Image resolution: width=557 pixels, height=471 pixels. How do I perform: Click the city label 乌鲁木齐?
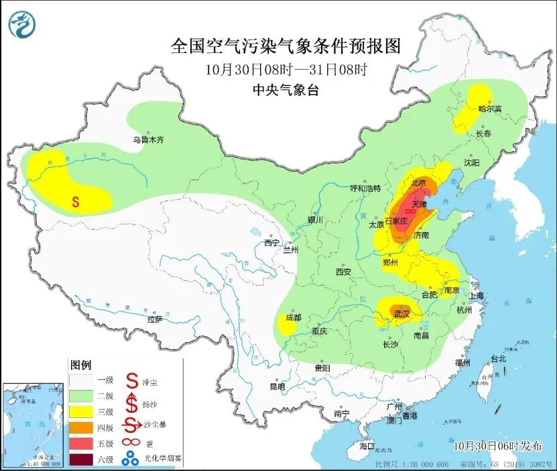pyautogui.click(x=147, y=140)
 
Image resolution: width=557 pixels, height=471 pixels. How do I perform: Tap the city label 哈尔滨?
pyautogui.click(x=490, y=109)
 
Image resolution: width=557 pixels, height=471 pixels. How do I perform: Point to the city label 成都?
pyautogui.click(x=293, y=318)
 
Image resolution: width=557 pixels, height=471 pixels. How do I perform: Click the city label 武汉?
pyautogui.click(x=401, y=313)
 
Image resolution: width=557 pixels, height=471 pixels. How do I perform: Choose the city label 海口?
pyautogui.click(x=367, y=446)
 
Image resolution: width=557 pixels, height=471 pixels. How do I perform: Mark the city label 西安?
pyautogui.click(x=343, y=272)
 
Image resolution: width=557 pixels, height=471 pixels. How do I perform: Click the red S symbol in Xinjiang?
pyautogui.click(x=76, y=201)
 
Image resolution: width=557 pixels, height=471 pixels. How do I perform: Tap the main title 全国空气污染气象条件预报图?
pyautogui.click(x=286, y=46)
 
